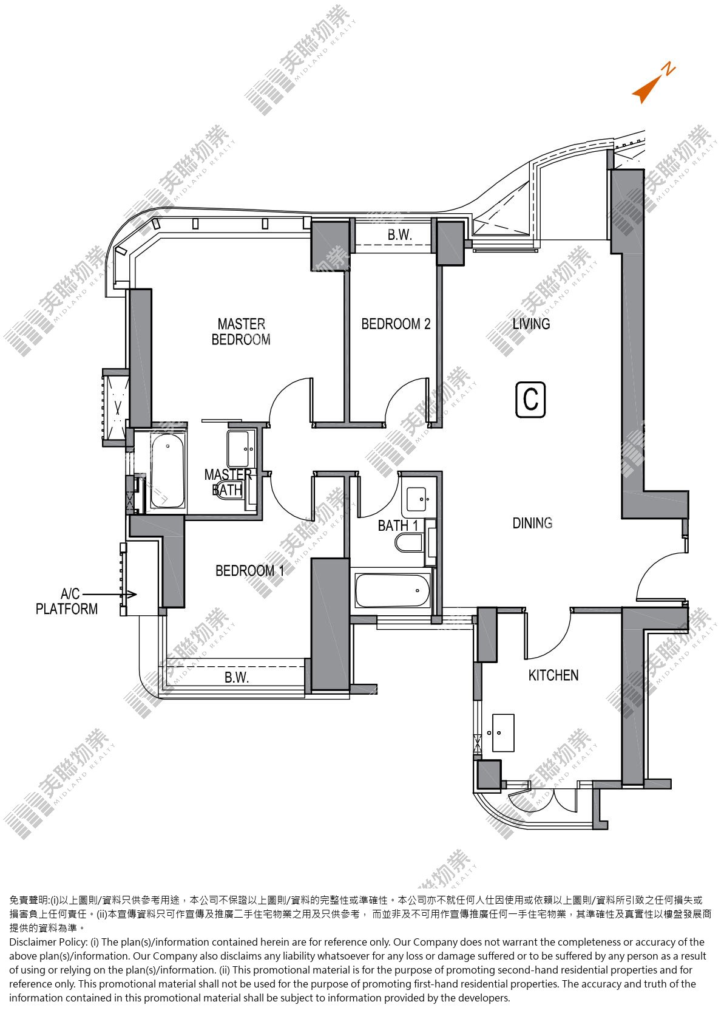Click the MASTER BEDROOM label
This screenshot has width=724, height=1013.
[241, 332]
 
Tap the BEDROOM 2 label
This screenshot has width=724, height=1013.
[396, 324]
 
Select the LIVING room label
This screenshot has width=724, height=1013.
[531, 324]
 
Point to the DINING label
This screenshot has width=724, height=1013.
[532, 524]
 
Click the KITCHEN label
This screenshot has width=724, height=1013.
[553, 675]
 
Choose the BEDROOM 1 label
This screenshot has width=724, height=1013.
[249, 571]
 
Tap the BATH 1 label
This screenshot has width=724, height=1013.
[398, 525]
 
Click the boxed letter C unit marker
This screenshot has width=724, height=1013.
[530, 400]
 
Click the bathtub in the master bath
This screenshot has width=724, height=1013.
[167, 471]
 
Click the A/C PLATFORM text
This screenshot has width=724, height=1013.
[66, 601]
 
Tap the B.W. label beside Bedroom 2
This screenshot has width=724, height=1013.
[400, 234]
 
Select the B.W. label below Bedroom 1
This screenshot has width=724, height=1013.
[237, 677]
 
